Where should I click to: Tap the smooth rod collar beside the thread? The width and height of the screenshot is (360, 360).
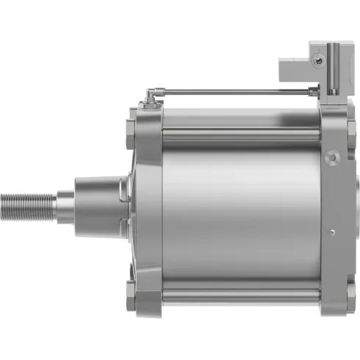point(65,199)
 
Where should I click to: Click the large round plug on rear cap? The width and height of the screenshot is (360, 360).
point(334,156)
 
